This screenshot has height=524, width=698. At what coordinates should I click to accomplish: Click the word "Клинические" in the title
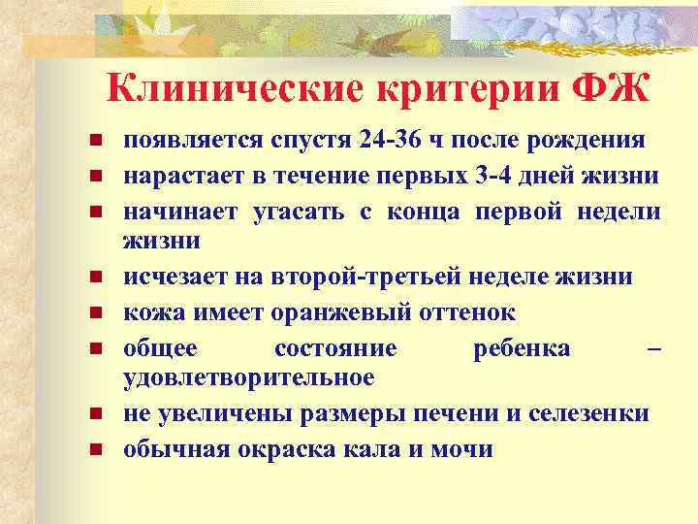coord(233,91)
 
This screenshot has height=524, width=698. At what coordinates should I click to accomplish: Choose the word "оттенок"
coord(467,313)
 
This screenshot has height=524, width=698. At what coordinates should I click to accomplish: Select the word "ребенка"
coord(522,349)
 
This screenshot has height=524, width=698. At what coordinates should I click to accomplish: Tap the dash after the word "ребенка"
coord(653,349)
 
